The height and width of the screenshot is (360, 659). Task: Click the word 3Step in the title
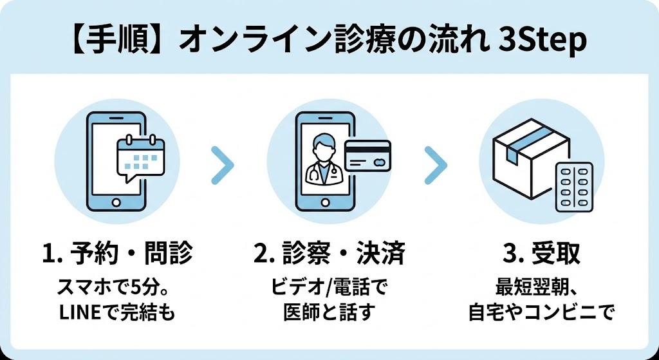pyautogui.click(x=544, y=42)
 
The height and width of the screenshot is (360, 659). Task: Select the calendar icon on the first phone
pyautogui.click(x=140, y=156)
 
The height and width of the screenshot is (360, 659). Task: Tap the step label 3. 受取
pyautogui.click(x=541, y=254)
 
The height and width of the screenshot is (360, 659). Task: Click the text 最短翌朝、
pyautogui.click(x=541, y=286)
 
